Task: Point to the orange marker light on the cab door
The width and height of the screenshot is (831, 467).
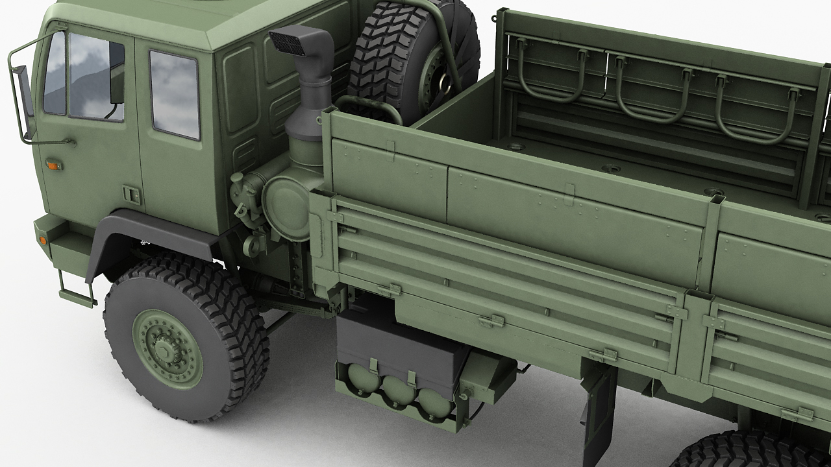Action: coord(53,165)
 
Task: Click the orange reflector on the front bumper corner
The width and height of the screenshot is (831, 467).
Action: coord(43,239)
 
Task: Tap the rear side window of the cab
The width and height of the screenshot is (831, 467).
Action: coord(174,95)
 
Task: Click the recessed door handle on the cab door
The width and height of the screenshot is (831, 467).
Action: coord(131,194)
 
